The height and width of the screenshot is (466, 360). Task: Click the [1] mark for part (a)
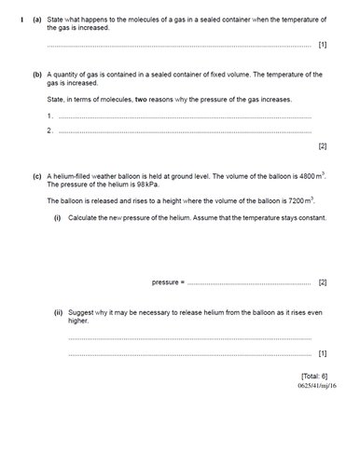322,44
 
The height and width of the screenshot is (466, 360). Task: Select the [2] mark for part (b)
322,146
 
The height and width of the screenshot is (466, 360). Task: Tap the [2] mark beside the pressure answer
322,281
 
